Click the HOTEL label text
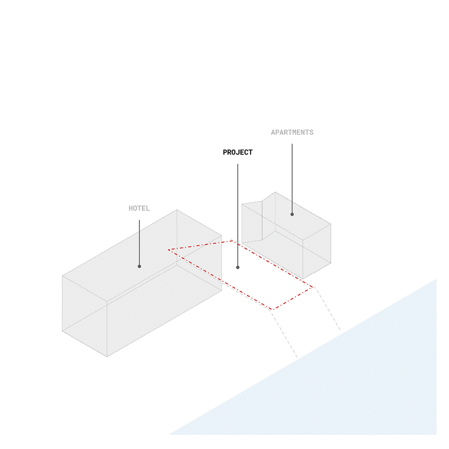pyautogui.click(x=139, y=208)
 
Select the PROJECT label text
pyautogui.click(x=238, y=152)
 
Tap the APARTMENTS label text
pyautogui.click(x=292, y=132)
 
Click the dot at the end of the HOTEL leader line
pyautogui.click(x=139, y=266)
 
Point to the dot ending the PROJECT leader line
pyautogui.click(x=238, y=267)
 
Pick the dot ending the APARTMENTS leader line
pyautogui.click(x=292, y=214)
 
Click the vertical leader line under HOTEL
pyautogui.click(x=139, y=243)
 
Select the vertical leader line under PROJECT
pyautogui.click(x=238, y=215)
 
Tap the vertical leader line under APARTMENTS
pyautogui.click(x=292, y=179)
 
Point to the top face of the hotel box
pyautogui.click(x=142, y=256)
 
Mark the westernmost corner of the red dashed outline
pyautogui.click(x=169, y=250)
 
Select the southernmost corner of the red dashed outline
pyautogui.click(x=273, y=310)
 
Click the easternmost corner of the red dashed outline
pyautogui.click(x=313, y=287)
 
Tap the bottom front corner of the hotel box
pyautogui.click(x=107, y=357)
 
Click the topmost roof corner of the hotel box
pyautogui.click(x=177, y=210)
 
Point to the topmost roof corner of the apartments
pyautogui.click(x=275, y=192)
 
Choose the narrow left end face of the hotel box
pyautogui.click(x=85, y=316)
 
